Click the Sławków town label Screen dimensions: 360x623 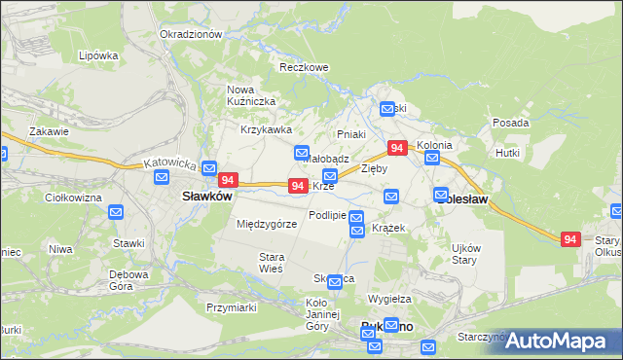(206, 196)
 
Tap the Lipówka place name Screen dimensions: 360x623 (98, 55)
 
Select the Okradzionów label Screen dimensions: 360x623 (192, 34)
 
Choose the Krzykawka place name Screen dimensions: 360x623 (266, 129)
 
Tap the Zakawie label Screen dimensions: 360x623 (49, 131)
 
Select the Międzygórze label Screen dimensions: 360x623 (267, 224)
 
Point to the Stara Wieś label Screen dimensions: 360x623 (270, 262)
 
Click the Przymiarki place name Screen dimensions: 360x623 (231, 306)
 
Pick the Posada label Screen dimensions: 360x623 (511, 123)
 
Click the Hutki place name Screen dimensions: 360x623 (507, 153)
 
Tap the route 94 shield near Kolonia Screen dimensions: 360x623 (397, 148)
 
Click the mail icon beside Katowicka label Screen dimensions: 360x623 (208, 167)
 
